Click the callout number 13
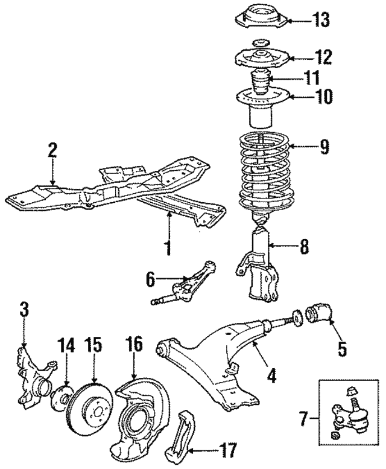pyautogui.click(x=321, y=20)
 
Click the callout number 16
pyautogui.click(x=134, y=344)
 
